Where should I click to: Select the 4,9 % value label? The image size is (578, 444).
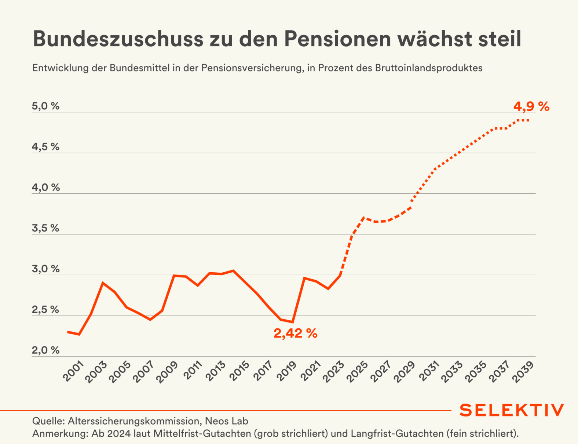531,107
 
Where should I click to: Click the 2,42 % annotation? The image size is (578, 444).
295,334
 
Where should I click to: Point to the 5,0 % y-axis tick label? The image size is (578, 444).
45,106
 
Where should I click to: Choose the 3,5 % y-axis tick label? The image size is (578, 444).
45,228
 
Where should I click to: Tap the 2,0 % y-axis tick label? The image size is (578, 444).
45,350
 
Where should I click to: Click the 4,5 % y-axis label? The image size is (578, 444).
45,147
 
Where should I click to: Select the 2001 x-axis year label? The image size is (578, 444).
74,371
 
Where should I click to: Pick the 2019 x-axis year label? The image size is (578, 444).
286,371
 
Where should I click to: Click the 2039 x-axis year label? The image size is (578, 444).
523,371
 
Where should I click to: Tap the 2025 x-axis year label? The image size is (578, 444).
357,371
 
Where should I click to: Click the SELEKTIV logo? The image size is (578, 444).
512,410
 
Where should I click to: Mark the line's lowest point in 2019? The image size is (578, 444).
292,322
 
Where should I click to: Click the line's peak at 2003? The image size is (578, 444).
103,283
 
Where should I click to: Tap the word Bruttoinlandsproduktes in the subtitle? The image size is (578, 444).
428,68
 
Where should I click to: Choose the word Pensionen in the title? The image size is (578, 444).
337,39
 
